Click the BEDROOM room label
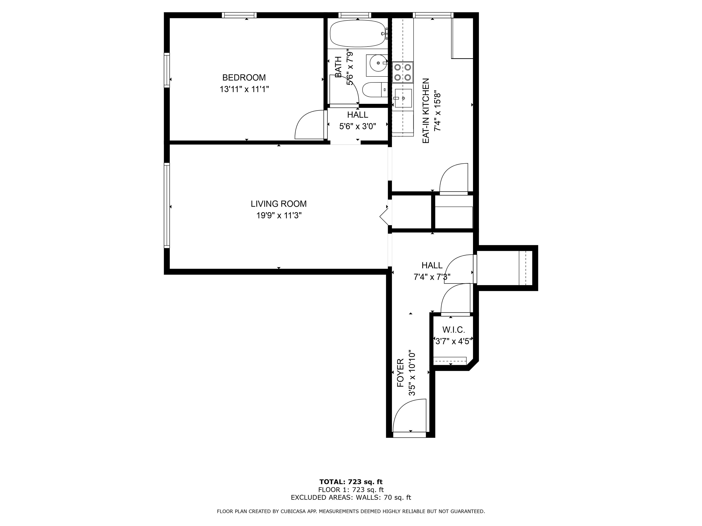pyautogui.click(x=244, y=77)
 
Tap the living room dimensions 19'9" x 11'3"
pyautogui.click(x=279, y=216)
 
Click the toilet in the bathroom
pyautogui.click(x=375, y=90)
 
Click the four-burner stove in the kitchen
pyautogui.click(x=403, y=72)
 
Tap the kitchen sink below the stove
pyautogui.click(x=403, y=98)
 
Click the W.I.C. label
pyautogui.click(x=454, y=330)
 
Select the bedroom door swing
pyautogui.click(x=310, y=125)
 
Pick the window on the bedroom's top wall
pyautogui.click(x=239, y=15)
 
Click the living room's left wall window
pyautogui.click(x=167, y=205)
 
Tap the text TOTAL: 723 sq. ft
pyautogui.click(x=351, y=482)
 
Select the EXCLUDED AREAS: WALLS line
pyautogui.click(x=351, y=497)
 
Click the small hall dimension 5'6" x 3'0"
pyautogui.click(x=358, y=126)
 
